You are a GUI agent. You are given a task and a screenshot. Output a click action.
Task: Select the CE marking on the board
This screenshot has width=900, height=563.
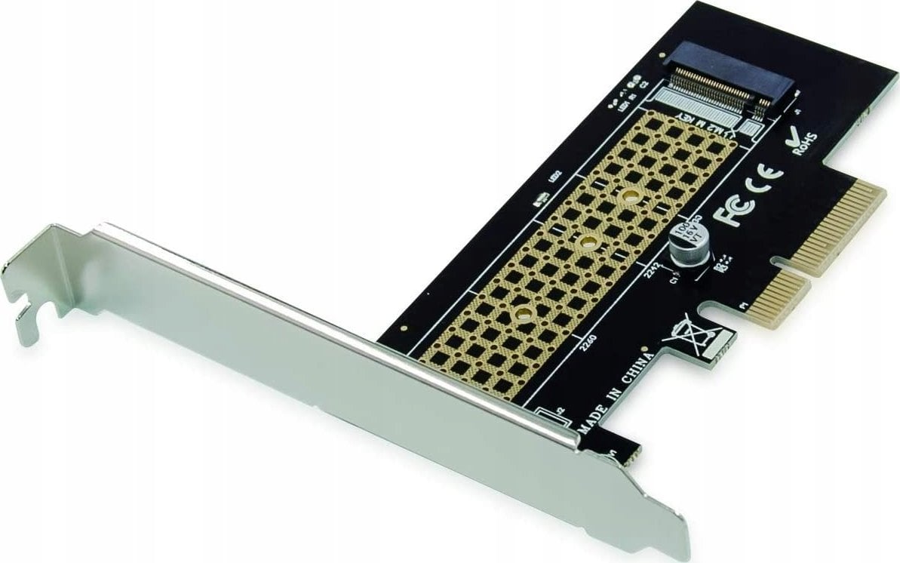click(x=764, y=177)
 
